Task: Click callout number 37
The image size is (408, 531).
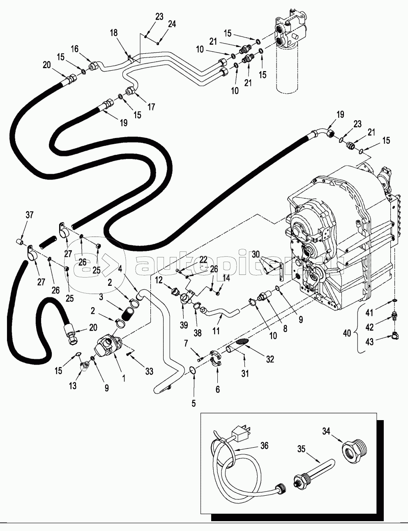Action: point(29,215)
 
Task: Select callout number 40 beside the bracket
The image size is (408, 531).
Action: point(348,333)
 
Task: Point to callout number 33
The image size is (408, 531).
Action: point(149,371)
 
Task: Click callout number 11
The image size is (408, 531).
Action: point(217,330)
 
